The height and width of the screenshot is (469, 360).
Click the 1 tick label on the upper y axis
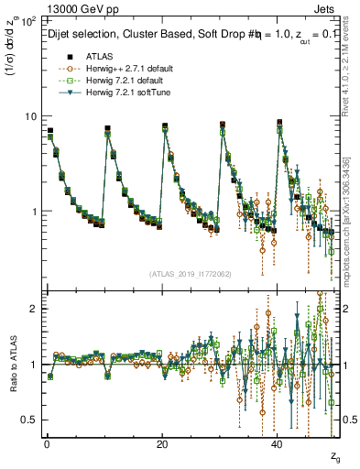pos(34,212)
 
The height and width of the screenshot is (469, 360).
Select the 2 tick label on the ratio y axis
pos(34,309)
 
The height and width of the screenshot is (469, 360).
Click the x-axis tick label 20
pos(162,443)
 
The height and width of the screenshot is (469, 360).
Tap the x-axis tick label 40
pos(278,443)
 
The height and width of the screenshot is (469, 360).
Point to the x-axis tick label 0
pos(47,443)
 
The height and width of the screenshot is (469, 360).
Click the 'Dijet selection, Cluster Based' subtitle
pos(119,32)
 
